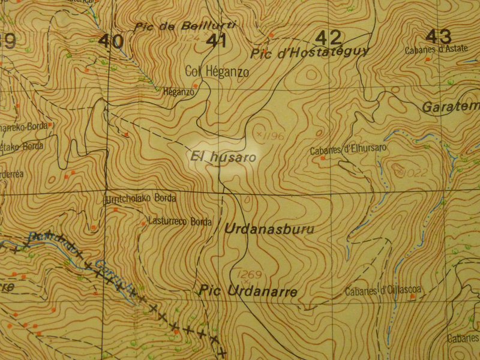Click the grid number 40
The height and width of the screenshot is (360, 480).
point(112,41)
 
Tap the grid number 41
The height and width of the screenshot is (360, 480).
point(216,41)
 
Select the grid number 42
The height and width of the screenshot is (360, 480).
point(328,37)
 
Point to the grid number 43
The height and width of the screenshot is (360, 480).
point(441,35)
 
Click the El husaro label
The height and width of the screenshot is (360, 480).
point(223,158)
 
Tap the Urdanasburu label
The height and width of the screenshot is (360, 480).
point(269,229)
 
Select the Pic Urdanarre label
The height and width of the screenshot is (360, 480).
point(247,292)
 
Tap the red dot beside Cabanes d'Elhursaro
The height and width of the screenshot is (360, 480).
point(323,158)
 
